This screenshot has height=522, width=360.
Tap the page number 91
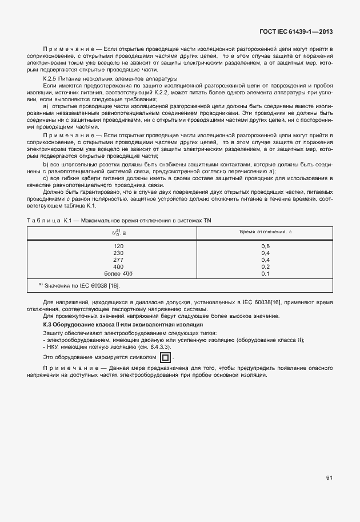click(x=329, y=478)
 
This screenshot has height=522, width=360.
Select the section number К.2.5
click(x=51, y=78)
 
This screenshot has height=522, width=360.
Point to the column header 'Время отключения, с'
click(x=265, y=232)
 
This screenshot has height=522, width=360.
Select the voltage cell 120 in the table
click(x=118, y=246)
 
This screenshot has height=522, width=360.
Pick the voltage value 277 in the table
click(x=118, y=260)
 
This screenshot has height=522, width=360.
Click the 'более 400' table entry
click(x=118, y=273)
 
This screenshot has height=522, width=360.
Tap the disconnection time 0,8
click(x=265, y=246)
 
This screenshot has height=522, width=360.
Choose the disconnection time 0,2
click(x=265, y=266)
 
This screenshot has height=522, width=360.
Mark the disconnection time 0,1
click(x=265, y=273)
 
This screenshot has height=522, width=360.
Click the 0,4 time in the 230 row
click(x=265, y=253)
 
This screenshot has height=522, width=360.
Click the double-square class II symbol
click(x=165, y=358)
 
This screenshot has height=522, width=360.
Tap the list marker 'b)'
click(x=46, y=164)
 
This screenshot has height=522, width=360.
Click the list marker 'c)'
click(x=46, y=178)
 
